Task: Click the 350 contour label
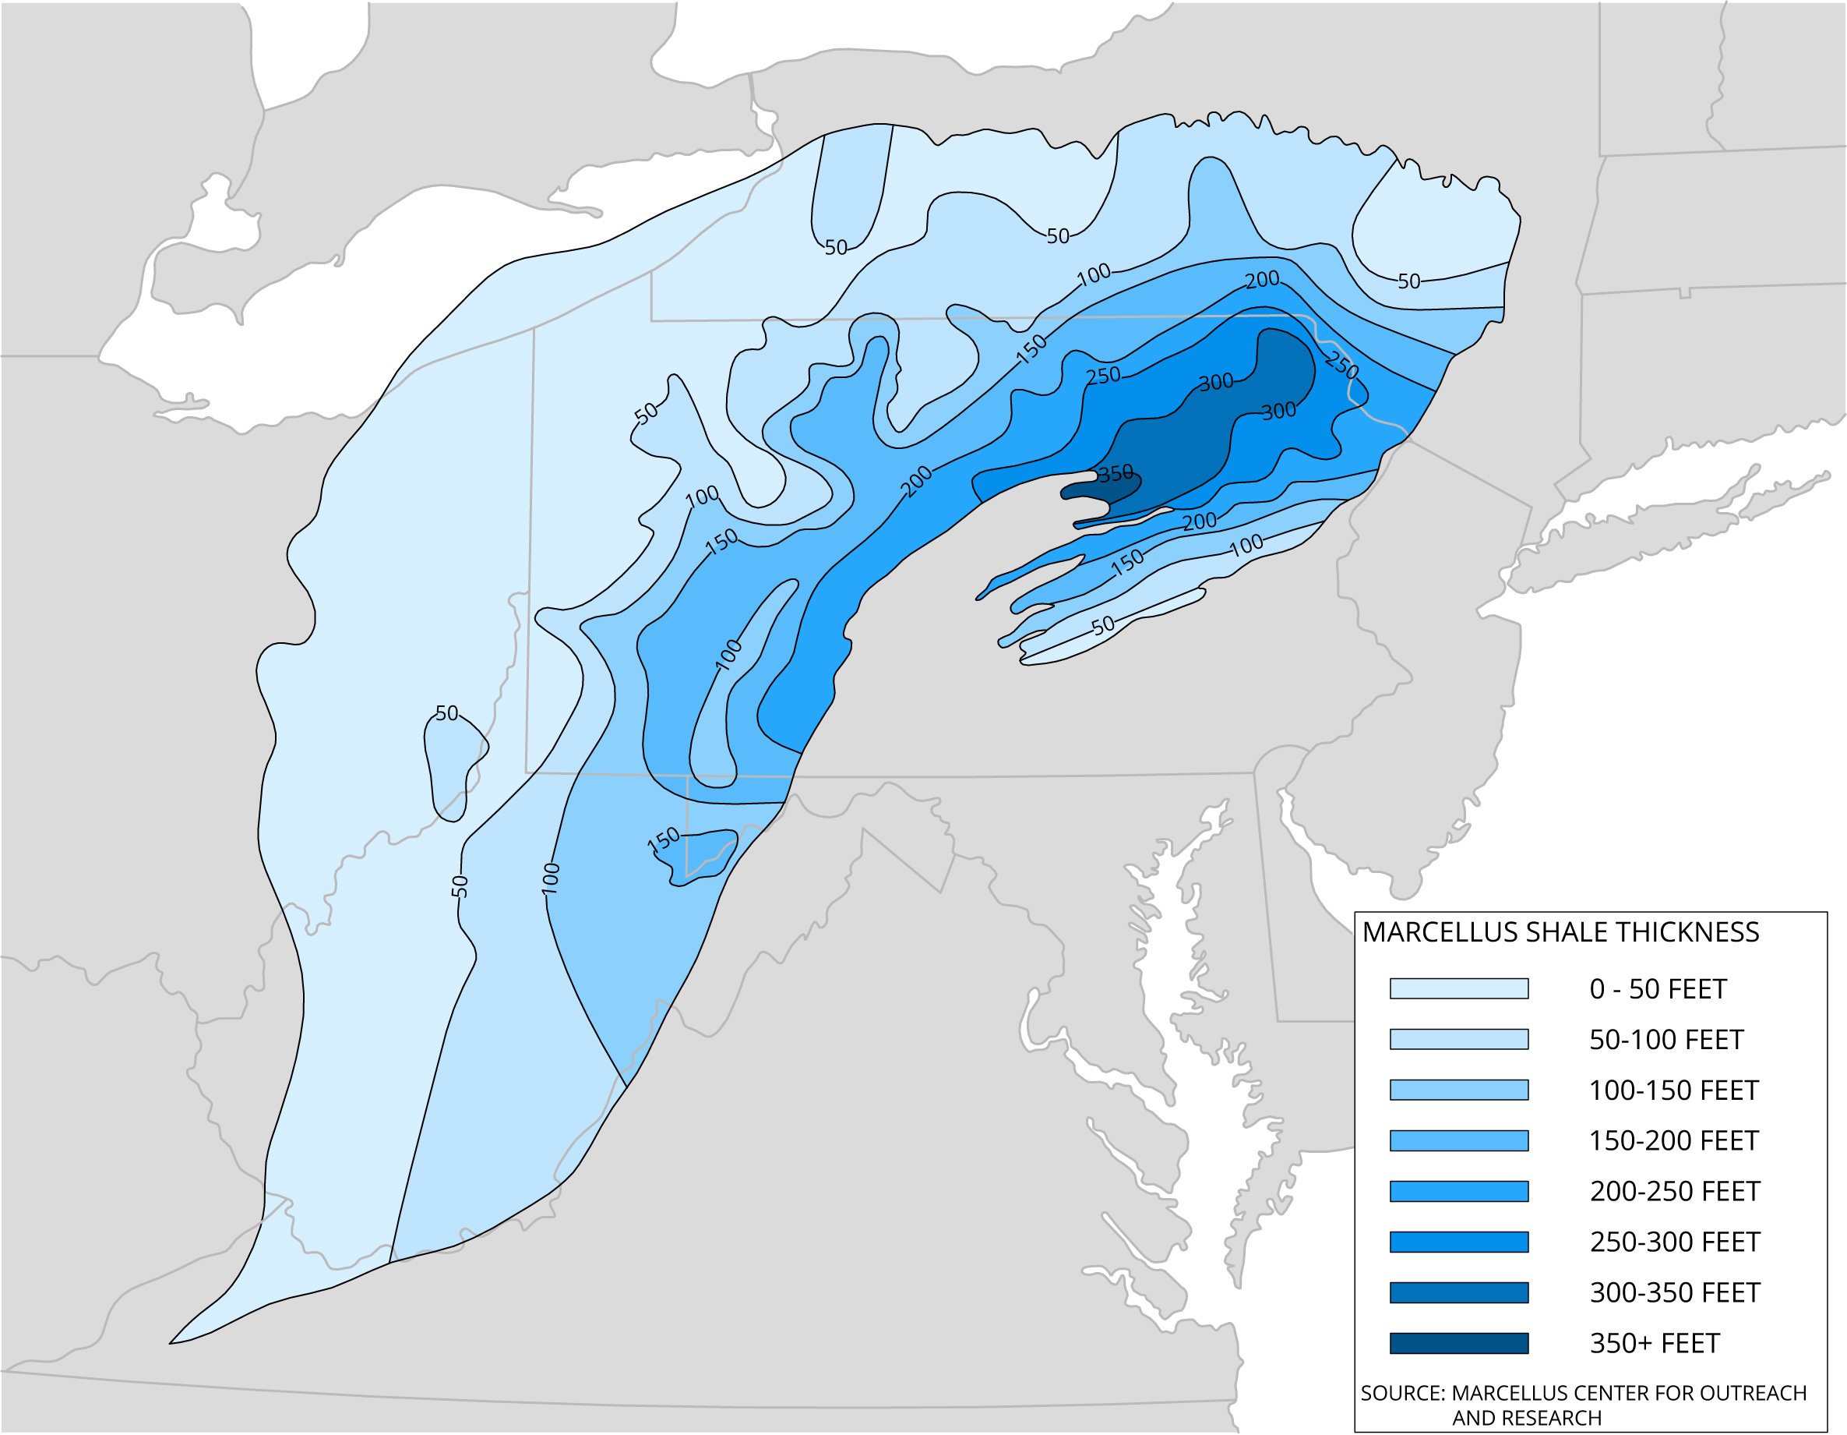click(1116, 474)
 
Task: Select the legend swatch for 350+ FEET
click(1459, 1343)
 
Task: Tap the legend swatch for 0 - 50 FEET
click(1459, 988)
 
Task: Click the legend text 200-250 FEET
click(1675, 1191)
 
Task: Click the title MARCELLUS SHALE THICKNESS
click(1560, 932)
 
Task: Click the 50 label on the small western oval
click(446, 713)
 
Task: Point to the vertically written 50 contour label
click(460, 886)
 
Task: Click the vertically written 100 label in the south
click(551, 878)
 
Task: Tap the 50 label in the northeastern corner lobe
click(1409, 281)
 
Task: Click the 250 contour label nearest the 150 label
click(1103, 376)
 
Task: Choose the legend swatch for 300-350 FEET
click(1459, 1292)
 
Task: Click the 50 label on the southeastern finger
click(1104, 625)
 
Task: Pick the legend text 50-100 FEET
click(1666, 1039)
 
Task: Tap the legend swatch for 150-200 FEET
click(1459, 1140)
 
